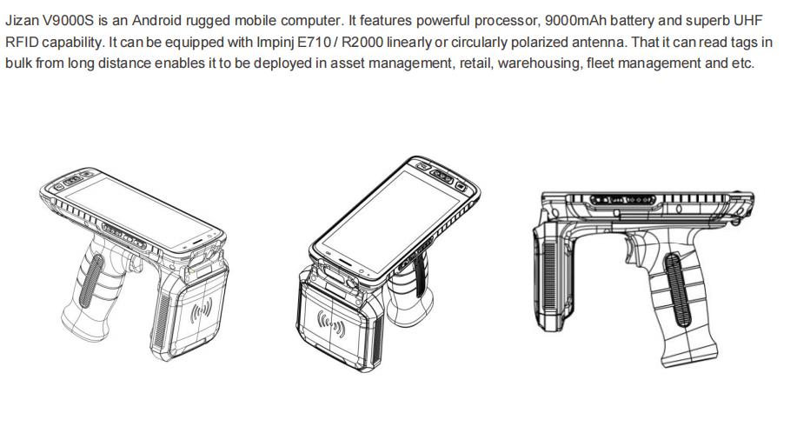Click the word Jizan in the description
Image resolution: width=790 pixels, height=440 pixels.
pos(21,21)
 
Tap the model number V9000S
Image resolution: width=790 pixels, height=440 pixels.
pos(68,21)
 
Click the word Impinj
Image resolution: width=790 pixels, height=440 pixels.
pos(276,43)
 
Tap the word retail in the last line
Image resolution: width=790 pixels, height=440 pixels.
pos(475,63)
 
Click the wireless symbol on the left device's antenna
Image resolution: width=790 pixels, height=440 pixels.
pos(201,311)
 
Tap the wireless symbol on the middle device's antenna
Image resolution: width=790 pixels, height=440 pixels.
pos(330,324)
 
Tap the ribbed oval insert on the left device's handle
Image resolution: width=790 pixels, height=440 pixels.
pos(92,281)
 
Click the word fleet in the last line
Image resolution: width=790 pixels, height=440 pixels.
pos(599,63)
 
